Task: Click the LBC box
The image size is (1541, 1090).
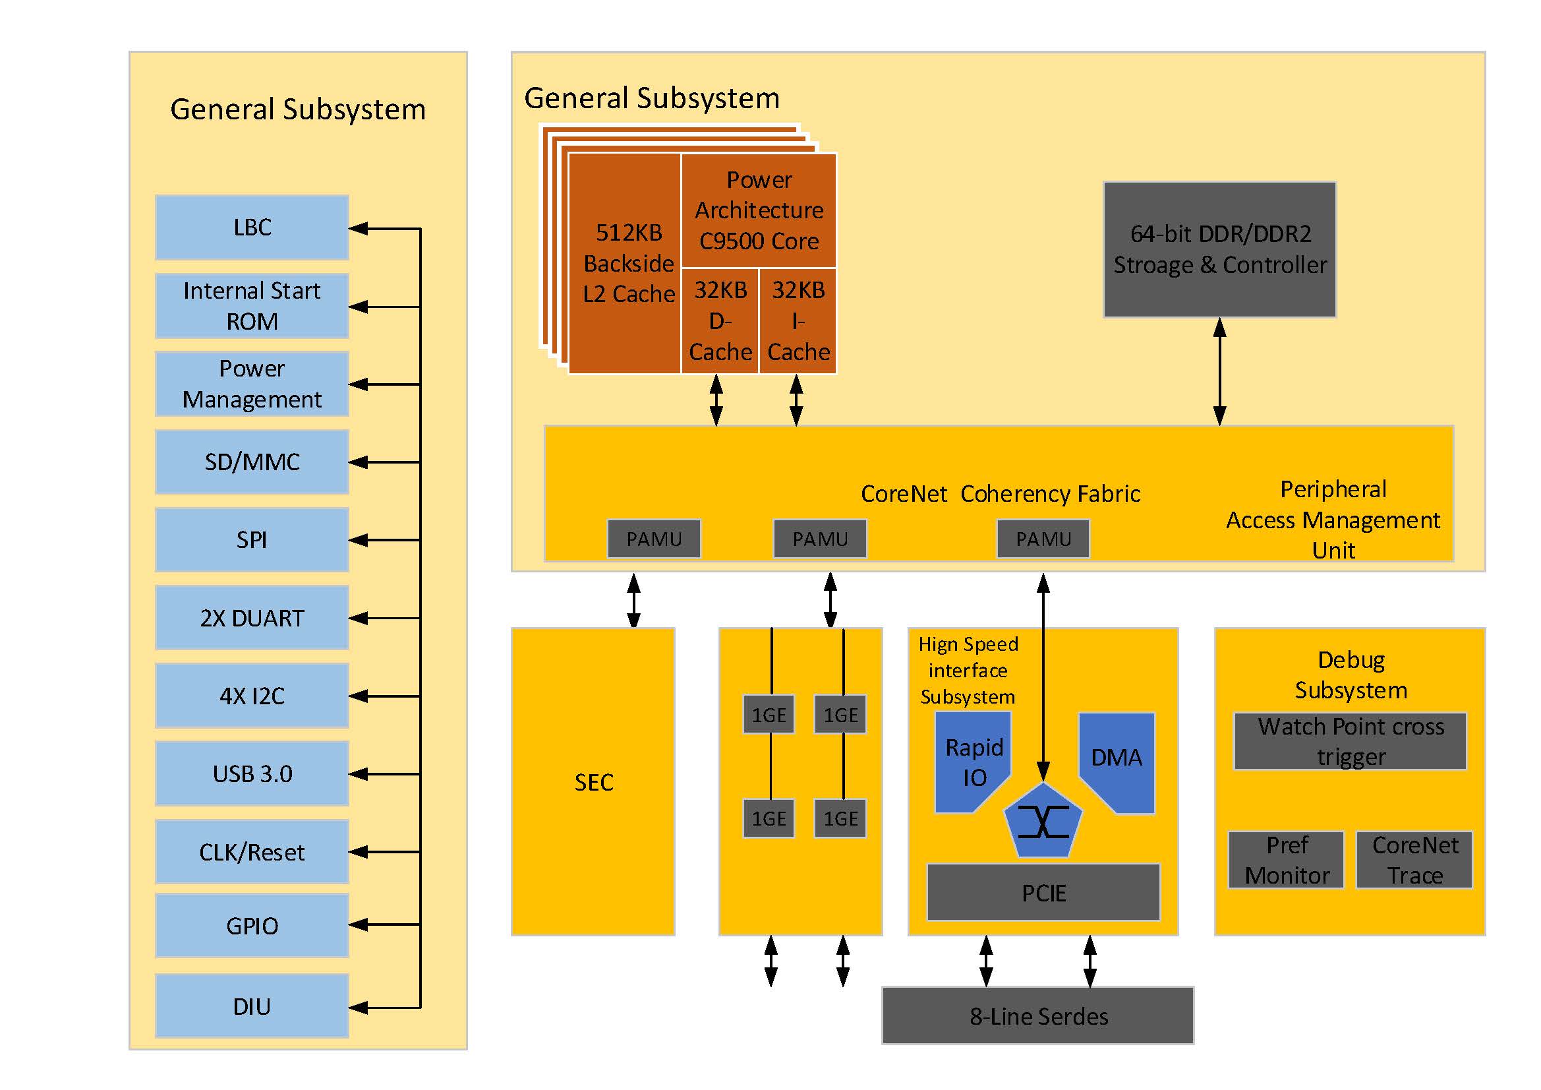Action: tap(252, 227)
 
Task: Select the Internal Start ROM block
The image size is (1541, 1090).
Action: tap(252, 306)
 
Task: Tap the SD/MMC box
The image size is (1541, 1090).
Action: tap(252, 462)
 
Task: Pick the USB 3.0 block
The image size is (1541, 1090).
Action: tap(252, 773)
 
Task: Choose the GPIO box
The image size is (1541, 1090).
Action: tap(252, 925)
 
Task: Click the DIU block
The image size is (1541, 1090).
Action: tap(252, 1006)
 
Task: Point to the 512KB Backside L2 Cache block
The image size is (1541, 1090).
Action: tap(625, 263)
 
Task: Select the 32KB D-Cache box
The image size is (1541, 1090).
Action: tap(720, 321)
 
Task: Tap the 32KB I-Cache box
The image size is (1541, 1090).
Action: tap(798, 321)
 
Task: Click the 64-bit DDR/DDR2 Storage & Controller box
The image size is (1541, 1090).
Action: tap(1219, 249)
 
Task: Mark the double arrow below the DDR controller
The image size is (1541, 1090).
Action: tap(1219, 371)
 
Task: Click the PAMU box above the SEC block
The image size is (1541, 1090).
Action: tap(654, 539)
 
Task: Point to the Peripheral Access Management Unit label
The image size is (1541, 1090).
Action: tap(1333, 519)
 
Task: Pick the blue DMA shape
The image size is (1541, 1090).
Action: tap(1117, 759)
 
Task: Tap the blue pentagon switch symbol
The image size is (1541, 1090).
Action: tap(1043, 822)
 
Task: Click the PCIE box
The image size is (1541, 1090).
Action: tap(1043, 893)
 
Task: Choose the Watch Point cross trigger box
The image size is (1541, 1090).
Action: tap(1351, 741)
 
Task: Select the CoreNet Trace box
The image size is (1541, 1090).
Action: tap(1414, 861)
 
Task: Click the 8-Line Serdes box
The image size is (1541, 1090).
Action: tap(1037, 1016)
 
